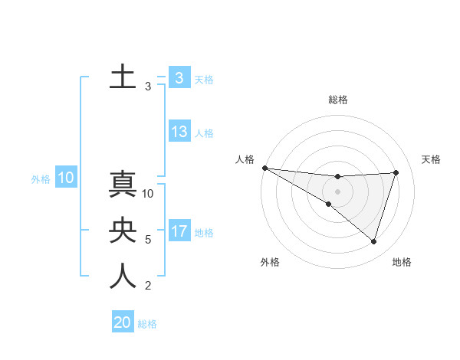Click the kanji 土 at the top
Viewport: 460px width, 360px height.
[123, 77]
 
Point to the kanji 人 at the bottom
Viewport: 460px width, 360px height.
[123, 277]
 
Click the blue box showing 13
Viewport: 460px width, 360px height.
[179, 132]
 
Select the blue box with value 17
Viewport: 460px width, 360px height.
[179, 231]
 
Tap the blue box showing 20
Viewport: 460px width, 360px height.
[123, 322]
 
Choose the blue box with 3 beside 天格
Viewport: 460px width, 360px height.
[179, 77]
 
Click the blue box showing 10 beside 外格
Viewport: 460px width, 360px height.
[66, 178]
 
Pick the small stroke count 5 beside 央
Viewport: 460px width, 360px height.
[148, 240]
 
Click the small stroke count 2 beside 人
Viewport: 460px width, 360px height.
[148, 286]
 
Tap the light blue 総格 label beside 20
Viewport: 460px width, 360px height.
[147, 324]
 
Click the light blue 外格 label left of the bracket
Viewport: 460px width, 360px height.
[41, 179]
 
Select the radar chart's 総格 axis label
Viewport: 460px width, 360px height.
[338, 100]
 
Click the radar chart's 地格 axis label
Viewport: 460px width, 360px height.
[402, 262]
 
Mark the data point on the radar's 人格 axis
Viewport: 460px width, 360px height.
[264, 167]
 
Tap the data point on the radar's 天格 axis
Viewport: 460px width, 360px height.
[396, 172]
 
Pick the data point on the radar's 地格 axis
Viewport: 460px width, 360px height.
[373, 241]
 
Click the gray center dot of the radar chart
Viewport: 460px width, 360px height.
[337, 191]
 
